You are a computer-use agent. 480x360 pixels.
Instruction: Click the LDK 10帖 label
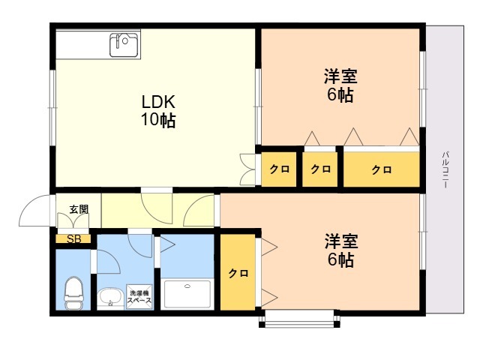(158, 111)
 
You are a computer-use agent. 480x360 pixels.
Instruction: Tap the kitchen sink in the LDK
(124, 45)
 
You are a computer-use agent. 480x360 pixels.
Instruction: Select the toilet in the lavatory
(73, 293)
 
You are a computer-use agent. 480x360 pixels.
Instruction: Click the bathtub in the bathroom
(187, 294)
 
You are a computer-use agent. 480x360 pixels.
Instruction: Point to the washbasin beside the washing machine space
(110, 298)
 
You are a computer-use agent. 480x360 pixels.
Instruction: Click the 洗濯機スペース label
(139, 297)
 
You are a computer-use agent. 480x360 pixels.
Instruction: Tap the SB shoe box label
(73, 239)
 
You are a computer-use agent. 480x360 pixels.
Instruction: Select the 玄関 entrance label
(79, 209)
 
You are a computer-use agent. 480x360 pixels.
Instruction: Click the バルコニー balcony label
(445, 169)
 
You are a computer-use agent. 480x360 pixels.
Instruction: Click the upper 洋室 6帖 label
(340, 85)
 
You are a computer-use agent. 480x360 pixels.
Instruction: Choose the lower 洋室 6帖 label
(341, 250)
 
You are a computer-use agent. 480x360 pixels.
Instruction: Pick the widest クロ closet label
(382, 169)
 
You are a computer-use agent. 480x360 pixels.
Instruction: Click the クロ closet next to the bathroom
(238, 273)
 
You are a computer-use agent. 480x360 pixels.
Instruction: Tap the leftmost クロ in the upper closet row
(279, 169)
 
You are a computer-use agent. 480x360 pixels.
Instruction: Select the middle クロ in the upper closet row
(320, 169)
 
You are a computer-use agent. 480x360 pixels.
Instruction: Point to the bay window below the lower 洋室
(299, 319)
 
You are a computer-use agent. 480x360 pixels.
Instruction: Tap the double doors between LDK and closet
(247, 169)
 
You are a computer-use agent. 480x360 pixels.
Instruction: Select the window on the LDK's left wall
(52, 108)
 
